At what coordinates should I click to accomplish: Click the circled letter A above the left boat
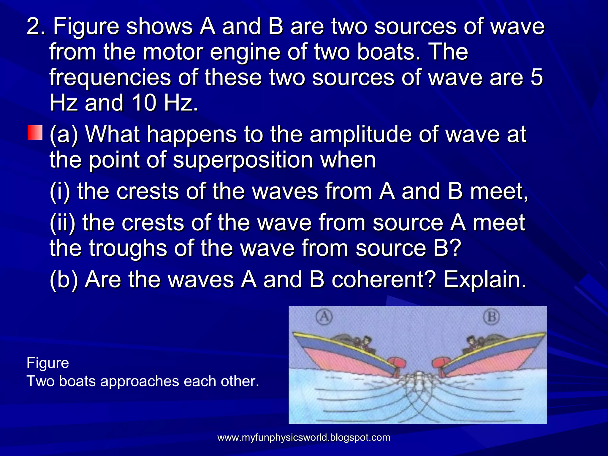(x=324, y=317)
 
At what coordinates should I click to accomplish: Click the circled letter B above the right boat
(x=492, y=317)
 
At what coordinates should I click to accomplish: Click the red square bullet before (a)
(x=35, y=132)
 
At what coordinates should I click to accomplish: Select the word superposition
(x=243, y=160)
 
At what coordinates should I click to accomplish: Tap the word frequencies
(x=110, y=77)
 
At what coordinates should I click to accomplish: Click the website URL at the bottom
(x=304, y=438)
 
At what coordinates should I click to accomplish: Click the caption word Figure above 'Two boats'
(x=48, y=363)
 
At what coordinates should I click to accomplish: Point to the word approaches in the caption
(x=140, y=381)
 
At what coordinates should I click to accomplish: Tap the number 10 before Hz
(x=144, y=103)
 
